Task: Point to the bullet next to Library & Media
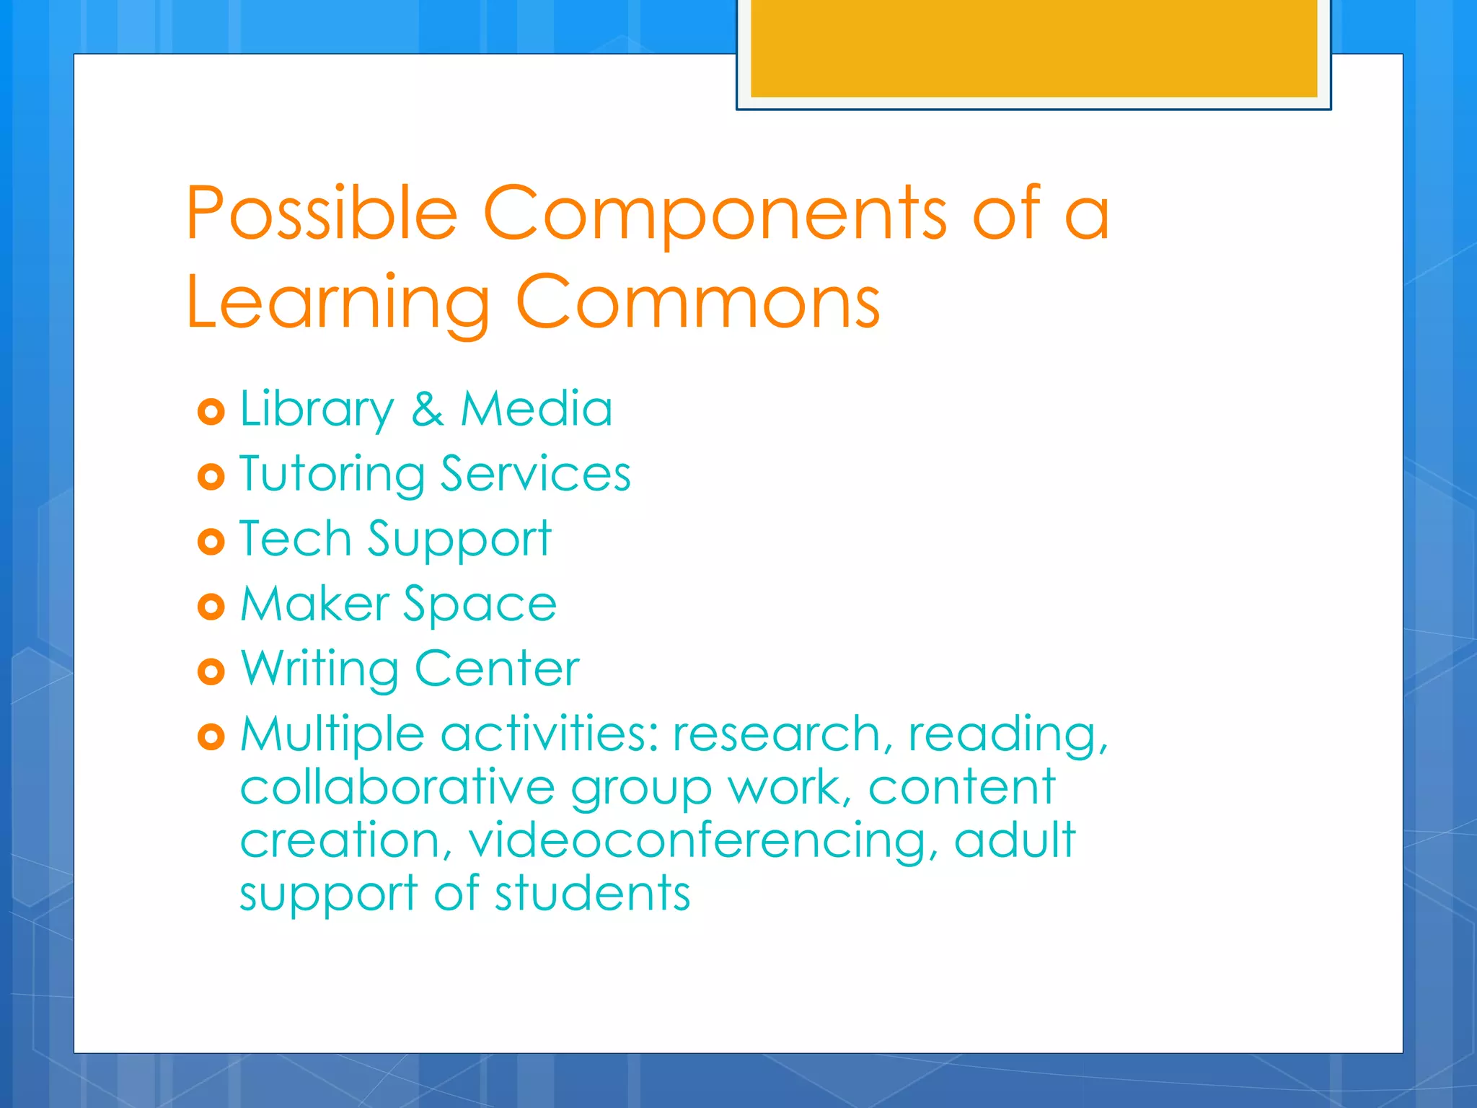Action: tap(211, 412)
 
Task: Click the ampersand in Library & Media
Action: tap(427, 409)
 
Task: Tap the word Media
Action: tap(537, 409)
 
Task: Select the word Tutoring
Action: tap(332, 475)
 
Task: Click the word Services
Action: tap(535, 474)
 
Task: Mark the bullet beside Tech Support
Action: tap(211, 541)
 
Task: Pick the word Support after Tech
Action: tap(459, 540)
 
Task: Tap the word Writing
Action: tap(319, 669)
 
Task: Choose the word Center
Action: tap(497, 669)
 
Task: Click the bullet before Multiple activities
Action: tap(211, 737)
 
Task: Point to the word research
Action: tap(776, 734)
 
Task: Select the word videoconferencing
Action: tap(697, 841)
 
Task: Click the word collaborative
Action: tap(397, 787)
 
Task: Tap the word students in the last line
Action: tap(592, 893)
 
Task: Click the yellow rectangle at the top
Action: tap(1033, 48)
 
